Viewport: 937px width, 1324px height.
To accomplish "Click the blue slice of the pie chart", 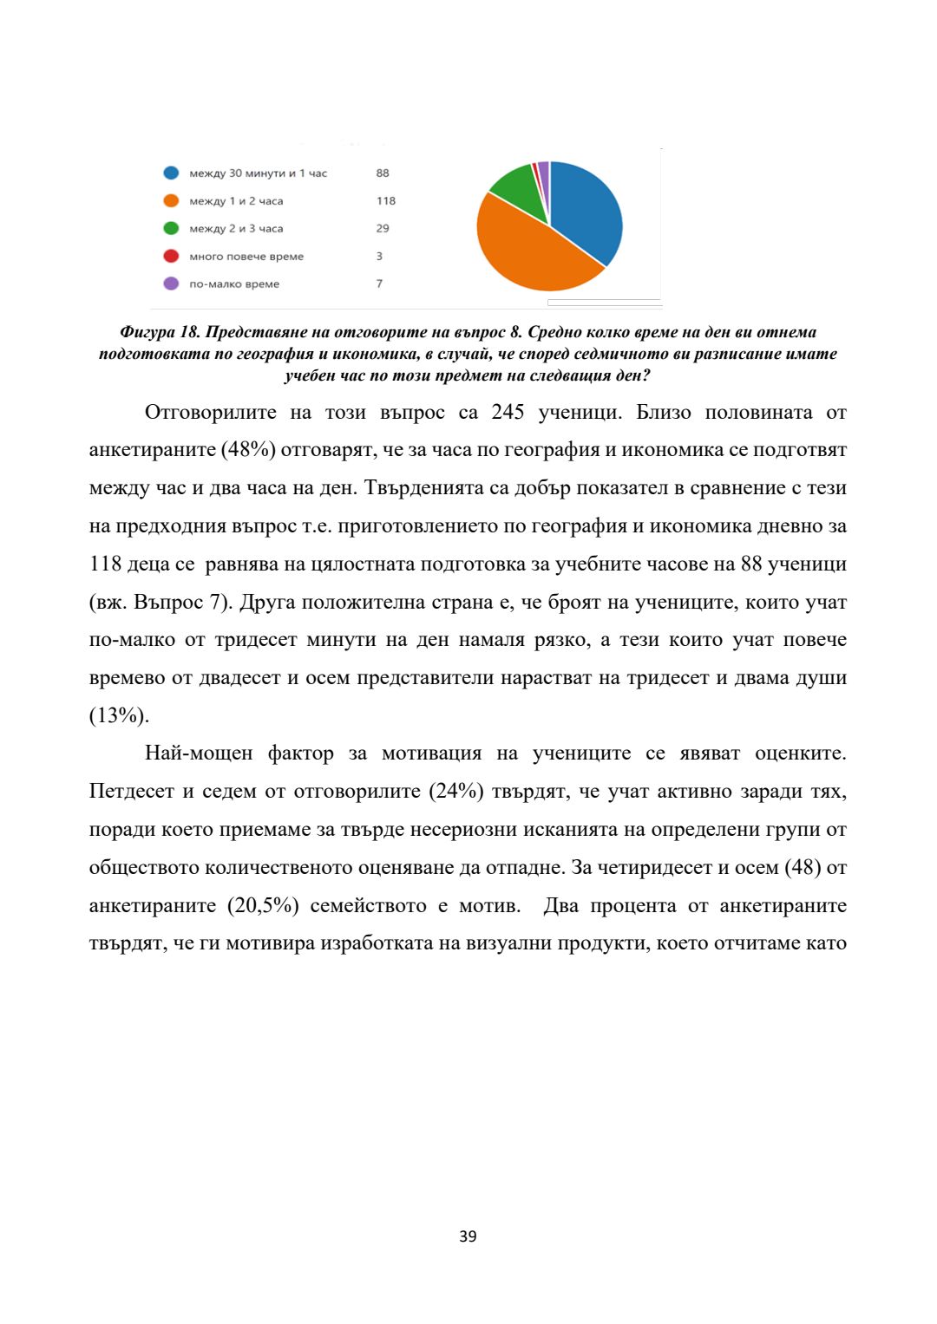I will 586,208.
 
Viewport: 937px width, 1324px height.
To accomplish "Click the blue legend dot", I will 171,173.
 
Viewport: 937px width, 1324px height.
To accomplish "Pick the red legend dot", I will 171,257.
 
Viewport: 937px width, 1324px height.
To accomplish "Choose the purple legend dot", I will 171,284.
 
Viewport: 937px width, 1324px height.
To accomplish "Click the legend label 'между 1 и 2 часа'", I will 236,201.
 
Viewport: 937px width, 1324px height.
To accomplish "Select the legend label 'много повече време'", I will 246,257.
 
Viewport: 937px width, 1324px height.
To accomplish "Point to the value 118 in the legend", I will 386,201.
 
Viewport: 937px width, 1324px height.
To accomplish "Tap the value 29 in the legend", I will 383,229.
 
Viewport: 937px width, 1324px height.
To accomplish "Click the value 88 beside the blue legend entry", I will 383,173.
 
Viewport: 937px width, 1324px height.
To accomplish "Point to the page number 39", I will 468,1236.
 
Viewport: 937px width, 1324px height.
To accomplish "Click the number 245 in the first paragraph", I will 508,412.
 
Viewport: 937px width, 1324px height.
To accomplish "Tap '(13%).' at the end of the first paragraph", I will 119,716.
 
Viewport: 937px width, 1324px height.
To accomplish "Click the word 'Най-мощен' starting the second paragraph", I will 199,753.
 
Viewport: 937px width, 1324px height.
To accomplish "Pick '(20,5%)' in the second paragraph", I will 263,906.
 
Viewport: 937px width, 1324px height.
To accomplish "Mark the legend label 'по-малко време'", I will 234,284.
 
